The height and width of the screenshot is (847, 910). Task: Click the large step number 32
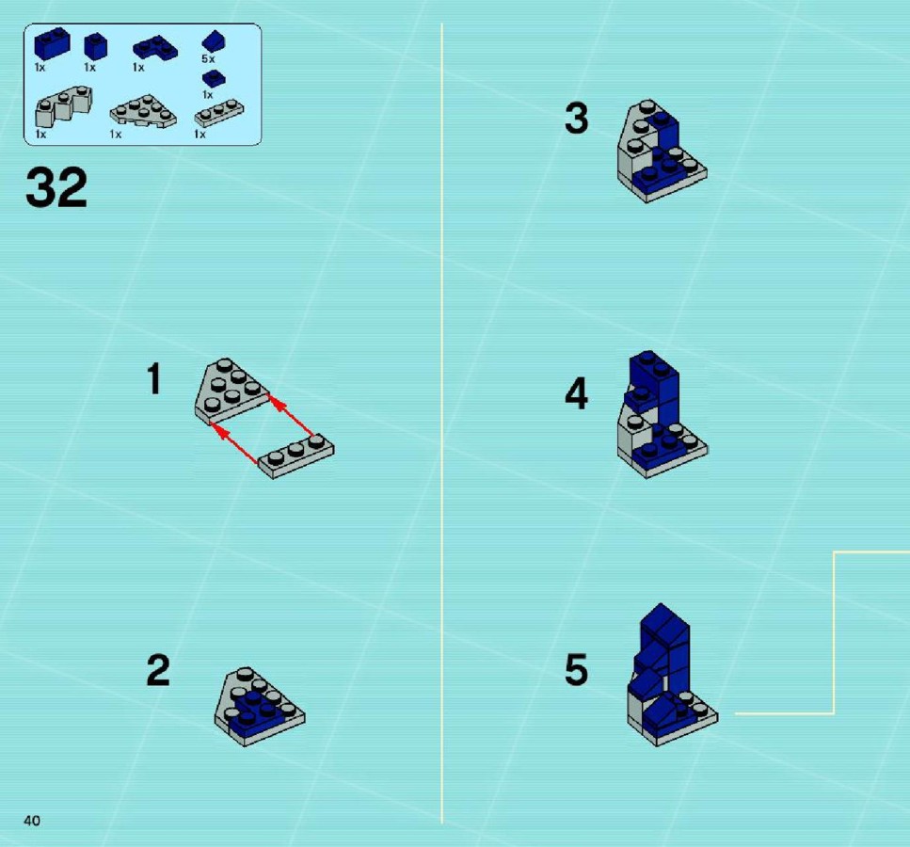pyautogui.click(x=56, y=187)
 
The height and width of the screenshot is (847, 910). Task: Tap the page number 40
pyautogui.click(x=32, y=821)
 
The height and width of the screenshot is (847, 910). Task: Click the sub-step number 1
pyautogui.click(x=153, y=378)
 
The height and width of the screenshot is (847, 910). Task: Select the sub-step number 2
pyautogui.click(x=158, y=670)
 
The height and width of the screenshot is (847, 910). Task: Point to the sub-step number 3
pyautogui.click(x=576, y=118)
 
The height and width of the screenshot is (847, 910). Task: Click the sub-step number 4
pyautogui.click(x=576, y=393)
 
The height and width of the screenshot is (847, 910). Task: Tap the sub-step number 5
pyautogui.click(x=576, y=670)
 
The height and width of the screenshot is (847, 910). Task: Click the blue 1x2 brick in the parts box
pyautogui.click(x=53, y=44)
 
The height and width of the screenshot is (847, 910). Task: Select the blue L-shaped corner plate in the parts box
pyautogui.click(x=155, y=48)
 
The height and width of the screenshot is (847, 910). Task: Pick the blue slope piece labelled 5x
pyautogui.click(x=214, y=41)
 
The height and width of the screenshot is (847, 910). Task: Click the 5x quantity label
pyautogui.click(x=208, y=59)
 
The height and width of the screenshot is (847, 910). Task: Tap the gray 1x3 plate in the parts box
pyautogui.click(x=218, y=113)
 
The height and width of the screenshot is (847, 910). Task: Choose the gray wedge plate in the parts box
pyautogui.click(x=143, y=111)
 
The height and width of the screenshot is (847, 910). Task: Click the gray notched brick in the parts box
pyautogui.click(x=64, y=106)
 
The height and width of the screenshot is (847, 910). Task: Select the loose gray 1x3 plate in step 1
pyautogui.click(x=296, y=455)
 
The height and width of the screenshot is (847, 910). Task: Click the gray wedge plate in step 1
pyautogui.click(x=231, y=391)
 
